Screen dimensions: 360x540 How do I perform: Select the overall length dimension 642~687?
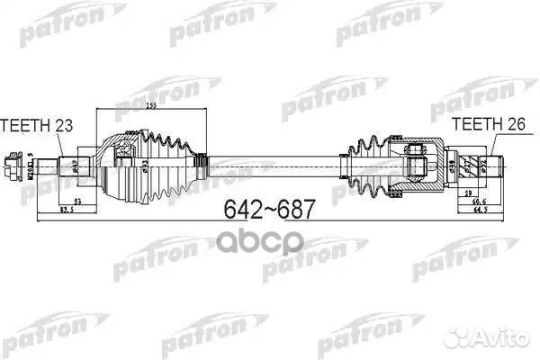(268, 210)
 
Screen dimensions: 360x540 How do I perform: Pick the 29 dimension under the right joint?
(469, 194)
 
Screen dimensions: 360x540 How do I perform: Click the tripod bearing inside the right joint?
(417, 164)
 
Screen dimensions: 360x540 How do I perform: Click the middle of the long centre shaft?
(270, 165)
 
